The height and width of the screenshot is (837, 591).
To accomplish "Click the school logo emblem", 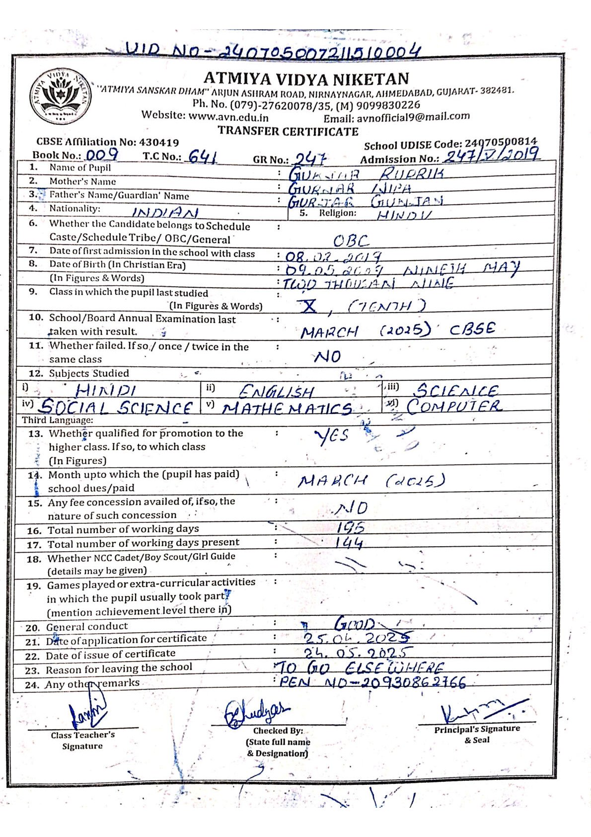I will [x=61, y=95].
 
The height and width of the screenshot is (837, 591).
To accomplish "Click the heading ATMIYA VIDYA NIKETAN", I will [x=306, y=79].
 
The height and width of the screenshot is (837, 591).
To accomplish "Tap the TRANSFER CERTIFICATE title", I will [x=288, y=131].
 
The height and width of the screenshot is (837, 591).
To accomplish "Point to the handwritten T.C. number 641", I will [x=203, y=157].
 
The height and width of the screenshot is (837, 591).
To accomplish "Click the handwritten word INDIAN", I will [x=165, y=213].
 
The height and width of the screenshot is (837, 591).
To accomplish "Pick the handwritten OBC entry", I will [x=351, y=241].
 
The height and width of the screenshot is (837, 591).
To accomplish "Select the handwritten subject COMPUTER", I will [x=454, y=406].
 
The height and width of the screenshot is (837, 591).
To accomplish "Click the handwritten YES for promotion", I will [x=332, y=436].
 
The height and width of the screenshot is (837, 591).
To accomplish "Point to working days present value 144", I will [x=349, y=543].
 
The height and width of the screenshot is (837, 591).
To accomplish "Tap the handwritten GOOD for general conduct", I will [x=355, y=624].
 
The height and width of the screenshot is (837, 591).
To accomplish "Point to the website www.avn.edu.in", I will [x=229, y=117].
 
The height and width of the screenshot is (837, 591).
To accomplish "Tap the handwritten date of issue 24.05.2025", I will [x=358, y=652].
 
